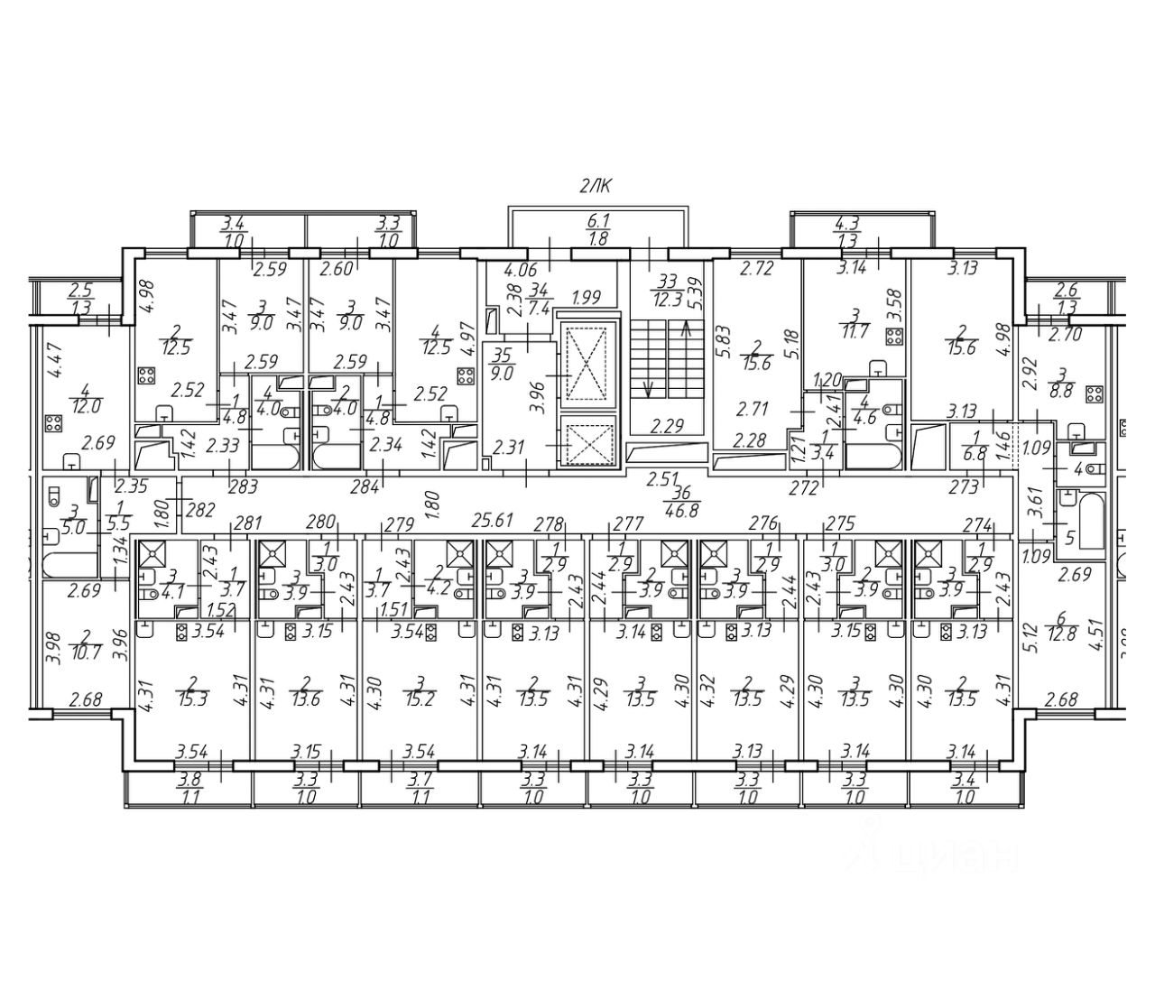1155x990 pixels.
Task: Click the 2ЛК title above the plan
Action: click(596, 188)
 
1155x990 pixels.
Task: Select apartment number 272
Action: click(803, 488)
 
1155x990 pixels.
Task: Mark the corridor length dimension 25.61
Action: click(492, 520)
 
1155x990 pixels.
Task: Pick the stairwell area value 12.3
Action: click(669, 296)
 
